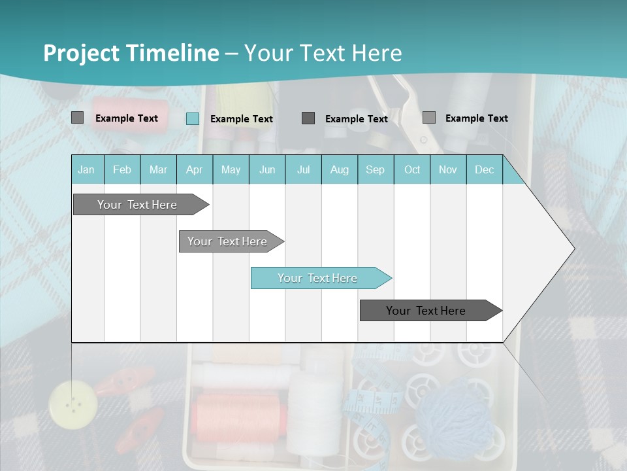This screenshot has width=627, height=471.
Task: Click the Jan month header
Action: (86, 169)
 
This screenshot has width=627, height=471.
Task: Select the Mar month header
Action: (158, 169)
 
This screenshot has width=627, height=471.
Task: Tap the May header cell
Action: (231, 169)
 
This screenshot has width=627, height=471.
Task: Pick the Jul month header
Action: (303, 169)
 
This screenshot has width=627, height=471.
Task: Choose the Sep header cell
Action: (375, 169)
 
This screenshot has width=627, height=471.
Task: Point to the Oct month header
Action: (412, 169)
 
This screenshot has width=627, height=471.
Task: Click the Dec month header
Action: (484, 169)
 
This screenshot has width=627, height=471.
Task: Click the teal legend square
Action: (193, 118)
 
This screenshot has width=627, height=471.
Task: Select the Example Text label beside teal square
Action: (242, 119)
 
